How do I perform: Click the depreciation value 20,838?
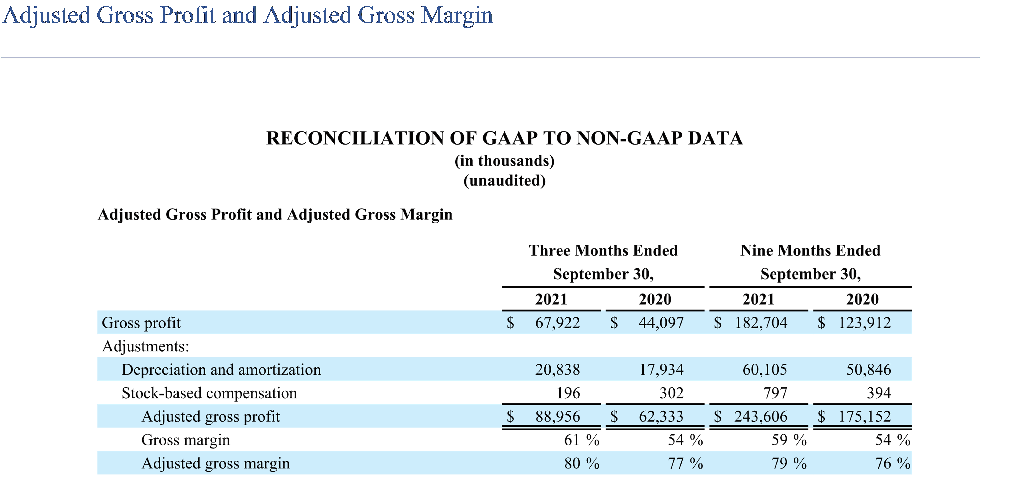coord(557,370)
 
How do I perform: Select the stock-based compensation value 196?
coord(568,393)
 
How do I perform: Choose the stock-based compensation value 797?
coord(775,393)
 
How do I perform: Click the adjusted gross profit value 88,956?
coord(557,417)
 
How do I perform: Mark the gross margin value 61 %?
coord(581,440)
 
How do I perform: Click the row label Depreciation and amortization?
coord(221,370)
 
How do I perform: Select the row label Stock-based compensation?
coord(209,393)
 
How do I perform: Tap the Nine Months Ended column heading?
coord(810,250)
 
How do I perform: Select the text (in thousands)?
coord(505,161)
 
